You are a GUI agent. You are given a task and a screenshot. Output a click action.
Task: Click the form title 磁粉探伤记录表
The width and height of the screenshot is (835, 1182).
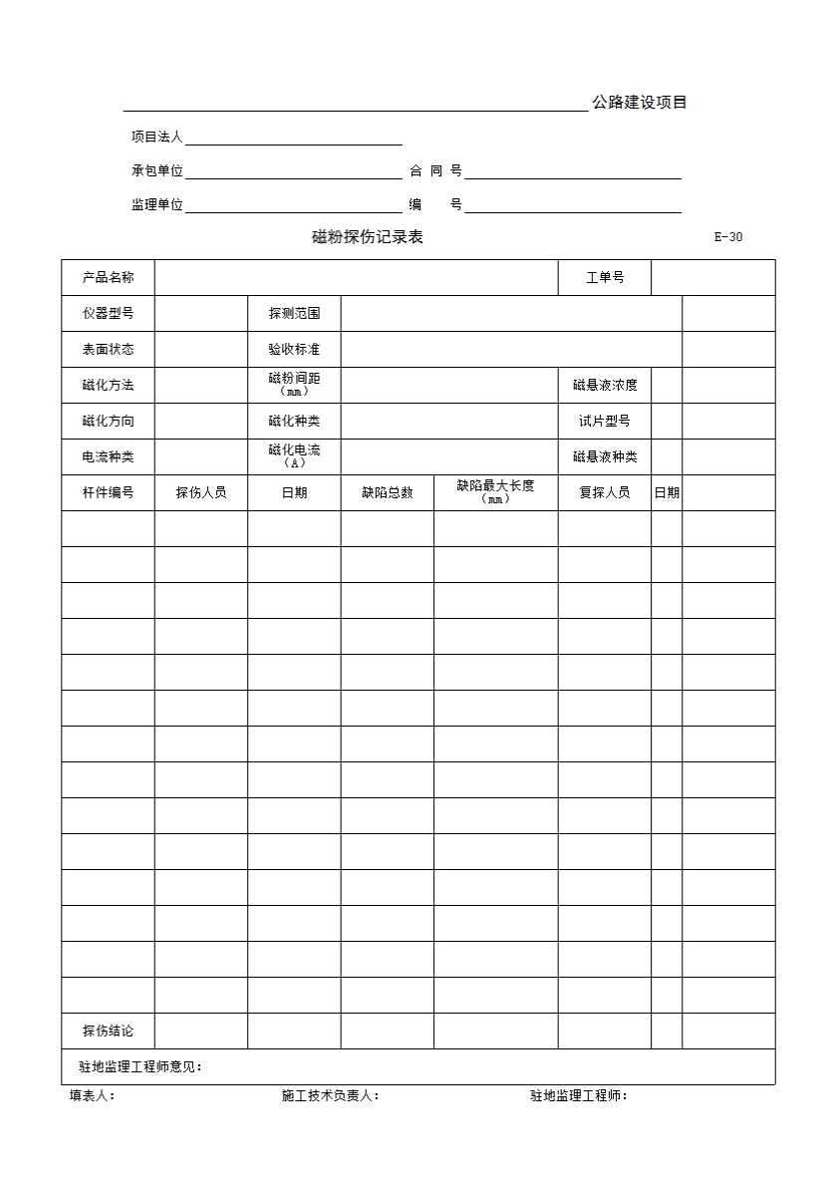(368, 237)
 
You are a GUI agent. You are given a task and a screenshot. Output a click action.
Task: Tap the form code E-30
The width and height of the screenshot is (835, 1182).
(728, 237)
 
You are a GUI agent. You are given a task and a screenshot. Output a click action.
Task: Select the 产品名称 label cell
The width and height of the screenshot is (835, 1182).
(108, 277)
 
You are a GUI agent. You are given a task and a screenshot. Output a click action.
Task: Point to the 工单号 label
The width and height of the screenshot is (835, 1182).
(605, 277)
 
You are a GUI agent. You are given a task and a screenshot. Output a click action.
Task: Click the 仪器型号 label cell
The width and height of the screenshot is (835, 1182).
(108, 313)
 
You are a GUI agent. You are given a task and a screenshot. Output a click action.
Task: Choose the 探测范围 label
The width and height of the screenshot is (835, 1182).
(294, 313)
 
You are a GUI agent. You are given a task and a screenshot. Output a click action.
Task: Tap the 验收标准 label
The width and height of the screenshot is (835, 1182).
(294, 349)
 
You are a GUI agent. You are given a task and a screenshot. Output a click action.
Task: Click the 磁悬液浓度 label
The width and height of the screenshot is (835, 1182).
(605, 385)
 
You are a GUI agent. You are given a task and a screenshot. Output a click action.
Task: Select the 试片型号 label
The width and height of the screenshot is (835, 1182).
(605, 421)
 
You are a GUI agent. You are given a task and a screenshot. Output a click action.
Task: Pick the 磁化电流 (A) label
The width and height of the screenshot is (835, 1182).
(294, 456)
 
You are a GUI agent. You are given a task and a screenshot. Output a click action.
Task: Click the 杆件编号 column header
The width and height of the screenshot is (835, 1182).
(108, 492)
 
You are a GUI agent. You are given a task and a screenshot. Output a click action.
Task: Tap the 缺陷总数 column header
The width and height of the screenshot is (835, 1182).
(387, 492)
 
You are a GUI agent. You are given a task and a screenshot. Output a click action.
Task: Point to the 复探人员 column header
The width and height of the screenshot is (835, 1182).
(605, 492)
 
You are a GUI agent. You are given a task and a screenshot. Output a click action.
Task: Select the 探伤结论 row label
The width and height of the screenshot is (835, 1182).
(108, 1031)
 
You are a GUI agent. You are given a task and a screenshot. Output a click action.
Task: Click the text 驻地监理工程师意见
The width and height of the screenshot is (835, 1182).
(140, 1066)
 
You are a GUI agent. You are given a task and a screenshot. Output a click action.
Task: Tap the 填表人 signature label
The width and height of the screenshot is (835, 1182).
(93, 1096)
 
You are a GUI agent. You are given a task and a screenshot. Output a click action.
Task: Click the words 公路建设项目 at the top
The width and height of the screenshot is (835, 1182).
(639, 102)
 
